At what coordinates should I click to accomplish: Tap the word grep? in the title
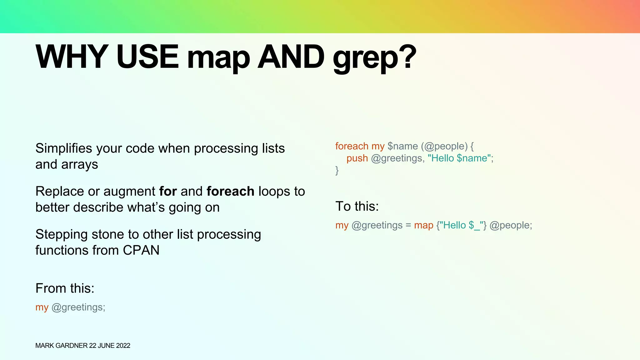point(374,58)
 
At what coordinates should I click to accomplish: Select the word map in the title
point(218,58)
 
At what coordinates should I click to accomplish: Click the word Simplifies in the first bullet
point(64,148)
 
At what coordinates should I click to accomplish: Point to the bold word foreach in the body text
point(230,191)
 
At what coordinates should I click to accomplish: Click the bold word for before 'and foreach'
point(168,191)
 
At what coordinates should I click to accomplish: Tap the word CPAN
point(141,250)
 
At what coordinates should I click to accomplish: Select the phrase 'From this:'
point(65,288)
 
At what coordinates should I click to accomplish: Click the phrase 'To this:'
point(357,206)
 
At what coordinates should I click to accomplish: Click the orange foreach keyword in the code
point(352,146)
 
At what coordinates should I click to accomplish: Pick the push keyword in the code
point(357,158)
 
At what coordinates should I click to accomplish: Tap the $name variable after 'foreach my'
point(402,146)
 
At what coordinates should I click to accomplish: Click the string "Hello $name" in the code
point(459,158)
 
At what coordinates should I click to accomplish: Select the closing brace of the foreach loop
point(337,170)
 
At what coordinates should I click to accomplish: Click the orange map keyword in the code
point(423,225)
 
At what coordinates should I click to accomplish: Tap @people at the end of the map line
point(509,225)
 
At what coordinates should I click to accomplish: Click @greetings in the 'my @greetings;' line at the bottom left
point(77,307)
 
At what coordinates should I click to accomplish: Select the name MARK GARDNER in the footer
point(61,346)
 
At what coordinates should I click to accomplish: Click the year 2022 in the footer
point(123,346)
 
